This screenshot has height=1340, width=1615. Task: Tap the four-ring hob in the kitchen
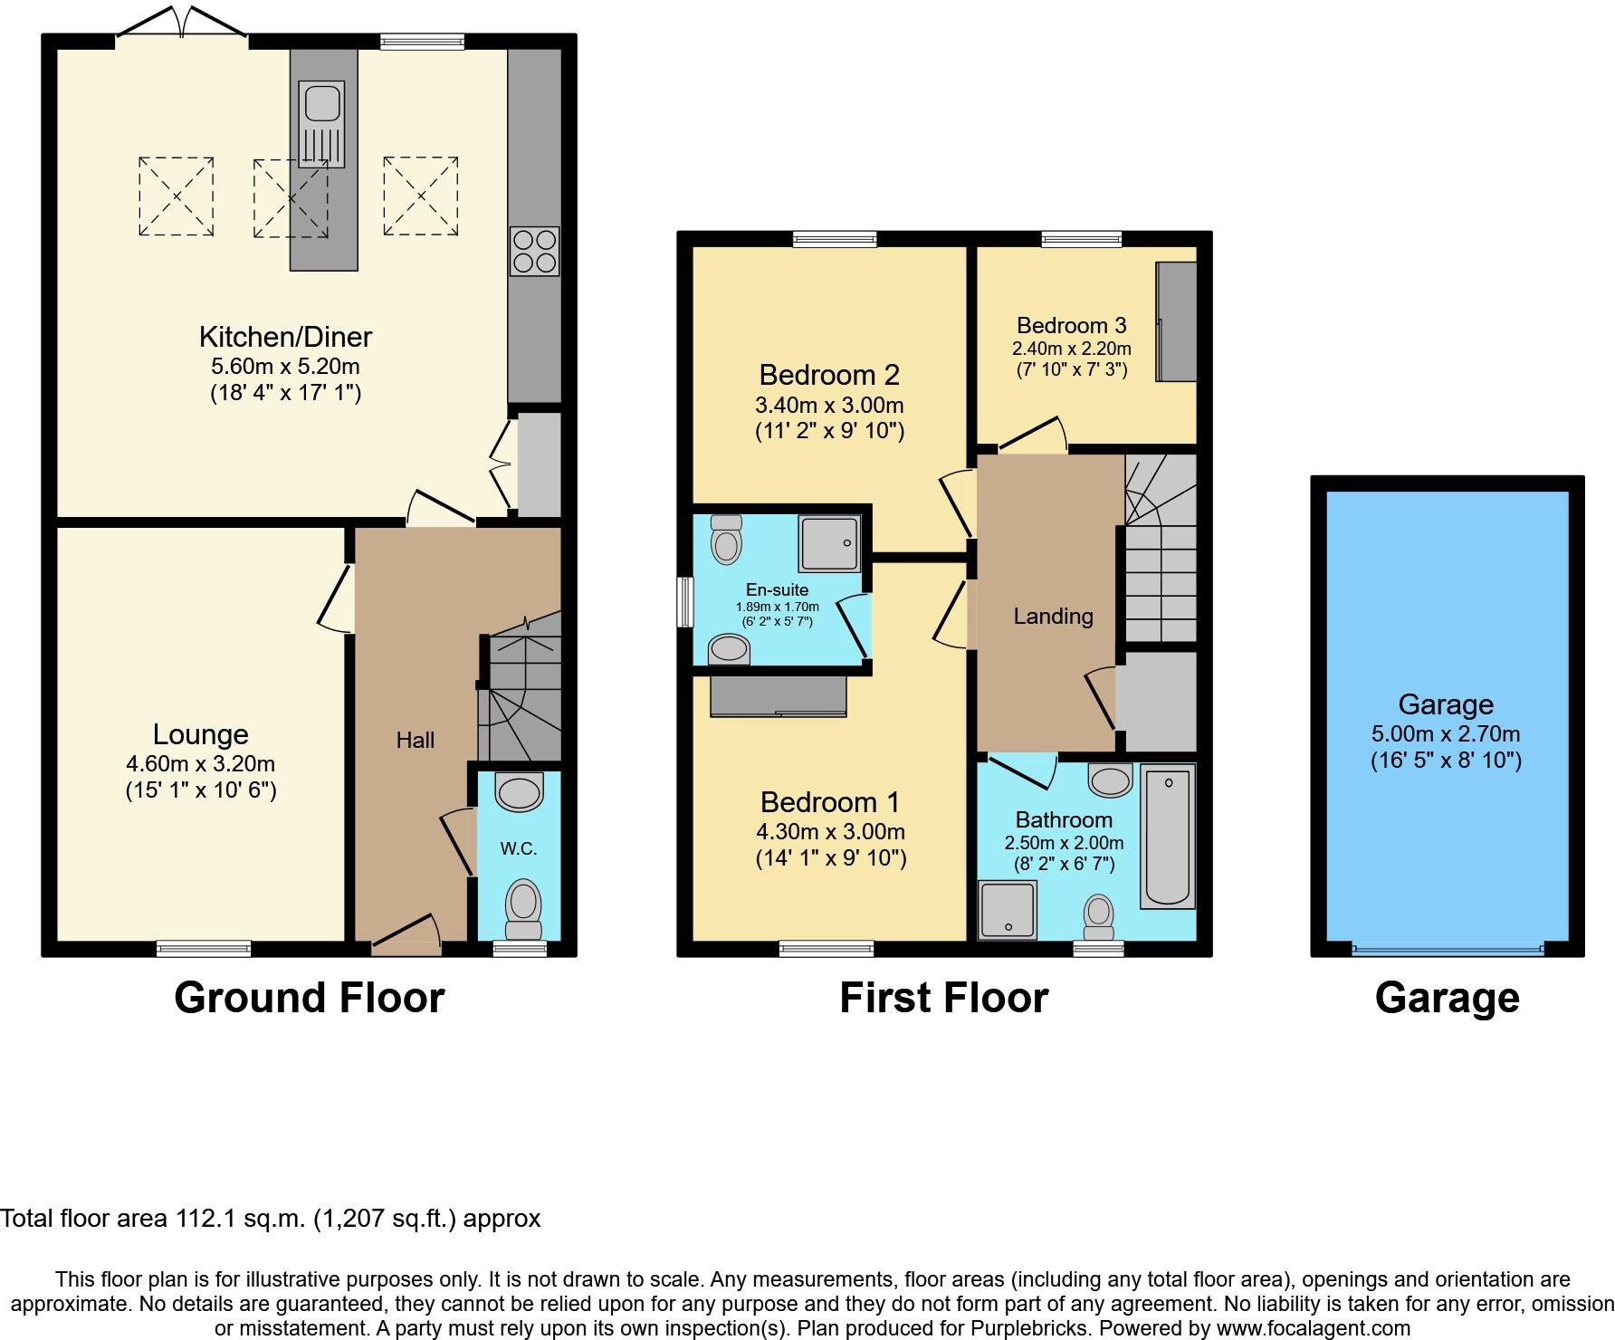tap(534, 251)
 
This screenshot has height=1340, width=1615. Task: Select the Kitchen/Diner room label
tap(285, 337)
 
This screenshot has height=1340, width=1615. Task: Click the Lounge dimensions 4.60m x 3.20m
tap(201, 763)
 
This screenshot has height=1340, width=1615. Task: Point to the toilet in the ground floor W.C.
tap(523, 906)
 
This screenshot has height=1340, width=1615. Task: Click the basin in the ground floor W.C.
tap(520, 790)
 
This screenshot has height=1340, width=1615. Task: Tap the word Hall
tap(416, 741)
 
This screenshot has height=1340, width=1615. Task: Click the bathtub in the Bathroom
tap(1168, 836)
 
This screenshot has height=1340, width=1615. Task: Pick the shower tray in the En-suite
tap(829, 543)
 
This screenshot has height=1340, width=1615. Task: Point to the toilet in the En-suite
tap(726, 540)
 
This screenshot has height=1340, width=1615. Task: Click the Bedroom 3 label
tap(1072, 325)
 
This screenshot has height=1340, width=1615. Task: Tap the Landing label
tap(1053, 617)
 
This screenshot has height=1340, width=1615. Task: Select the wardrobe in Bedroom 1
tap(779, 695)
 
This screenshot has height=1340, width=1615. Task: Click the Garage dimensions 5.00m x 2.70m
tap(1446, 733)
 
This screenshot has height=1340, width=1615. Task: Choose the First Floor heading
tap(943, 998)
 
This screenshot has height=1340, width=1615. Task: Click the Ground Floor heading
tap(309, 998)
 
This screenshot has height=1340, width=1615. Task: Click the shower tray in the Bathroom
tap(1008, 909)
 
